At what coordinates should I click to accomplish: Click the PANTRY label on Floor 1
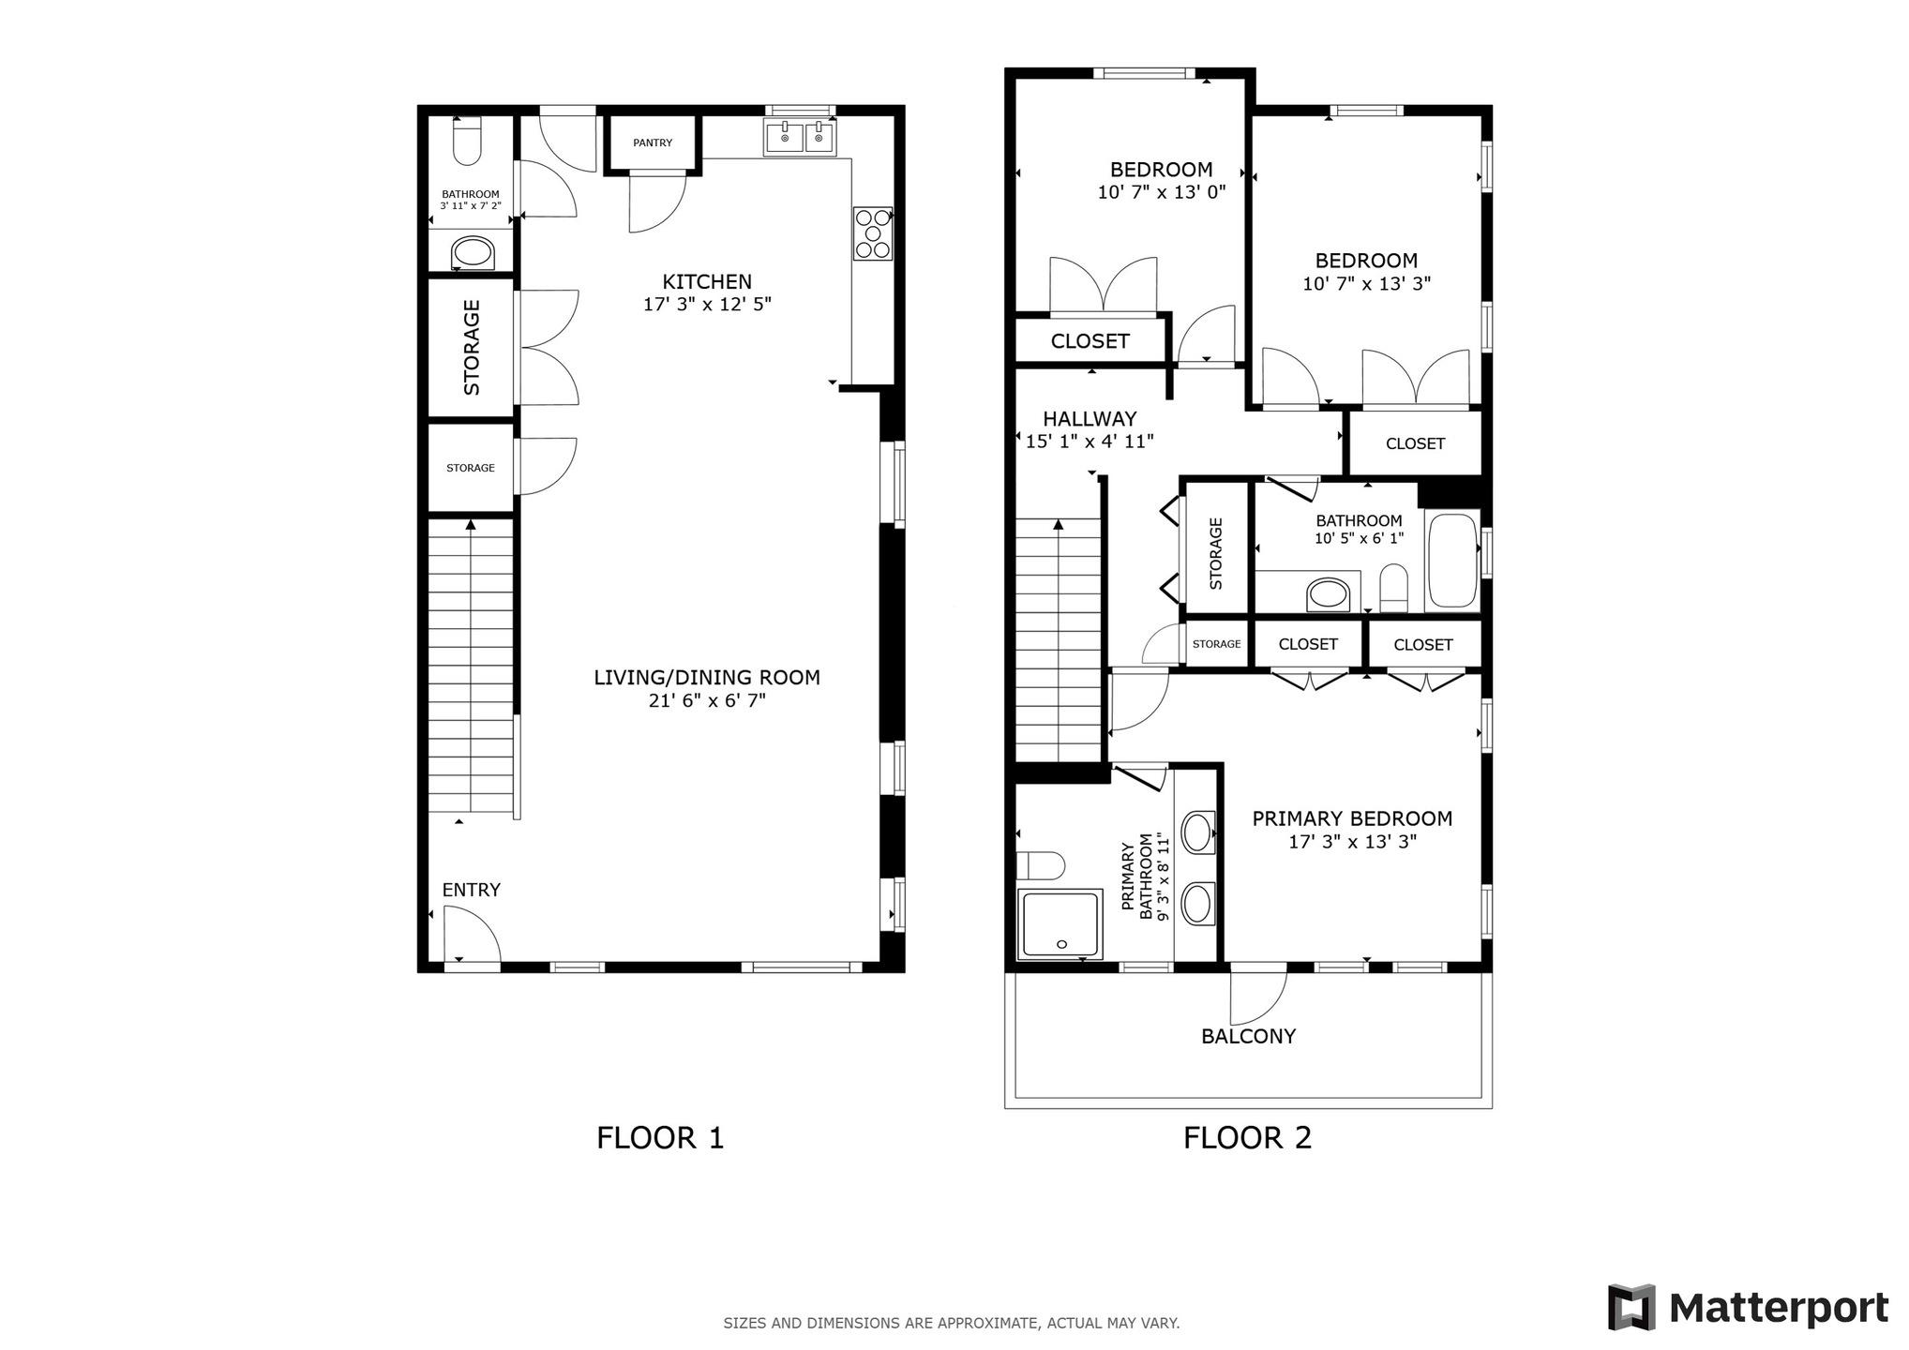click(x=653, y=142)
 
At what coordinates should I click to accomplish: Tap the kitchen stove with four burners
click(x=872, y=233)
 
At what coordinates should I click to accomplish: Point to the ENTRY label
click(x=471, y=890)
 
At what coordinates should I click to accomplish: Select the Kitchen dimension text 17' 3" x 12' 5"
click(x=707, y=304)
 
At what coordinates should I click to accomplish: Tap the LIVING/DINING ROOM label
click(x=707, y=677)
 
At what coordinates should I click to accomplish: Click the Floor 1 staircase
click(x=471, y=666)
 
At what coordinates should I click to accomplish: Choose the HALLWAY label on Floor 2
click(x=1090, y=419)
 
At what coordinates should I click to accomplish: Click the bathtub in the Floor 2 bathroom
click(x=1451, y=561)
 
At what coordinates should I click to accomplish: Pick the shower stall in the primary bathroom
click(x=1060, y=923)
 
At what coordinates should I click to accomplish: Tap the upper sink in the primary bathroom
click(x=1197, y=832)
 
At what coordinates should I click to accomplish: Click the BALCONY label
click(x=1248, y=1036)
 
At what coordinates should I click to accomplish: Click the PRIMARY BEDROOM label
click(x=1352, y=818)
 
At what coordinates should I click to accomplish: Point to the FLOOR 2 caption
click(x=1247, y=1138)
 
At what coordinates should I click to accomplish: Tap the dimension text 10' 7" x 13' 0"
click(x=1161, y=192)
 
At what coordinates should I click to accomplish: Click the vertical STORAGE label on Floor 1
click(x=472, y=347)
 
